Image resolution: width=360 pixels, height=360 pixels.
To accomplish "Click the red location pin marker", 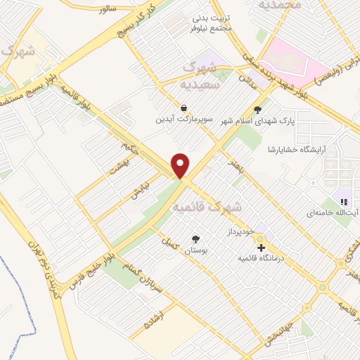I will tap(181, 165).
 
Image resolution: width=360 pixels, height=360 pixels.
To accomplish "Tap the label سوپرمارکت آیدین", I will tap(184, 120).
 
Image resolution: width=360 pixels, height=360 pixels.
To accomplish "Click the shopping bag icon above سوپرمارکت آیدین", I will tap(184, 108).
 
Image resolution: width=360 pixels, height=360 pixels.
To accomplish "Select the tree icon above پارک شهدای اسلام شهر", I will tap(257, 109).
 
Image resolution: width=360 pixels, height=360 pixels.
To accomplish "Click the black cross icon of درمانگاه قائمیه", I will tap(261, 247).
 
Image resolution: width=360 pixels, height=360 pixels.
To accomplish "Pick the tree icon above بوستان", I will tap(195, 239).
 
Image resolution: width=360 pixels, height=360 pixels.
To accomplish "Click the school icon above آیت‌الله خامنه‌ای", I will tap(344, 202).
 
